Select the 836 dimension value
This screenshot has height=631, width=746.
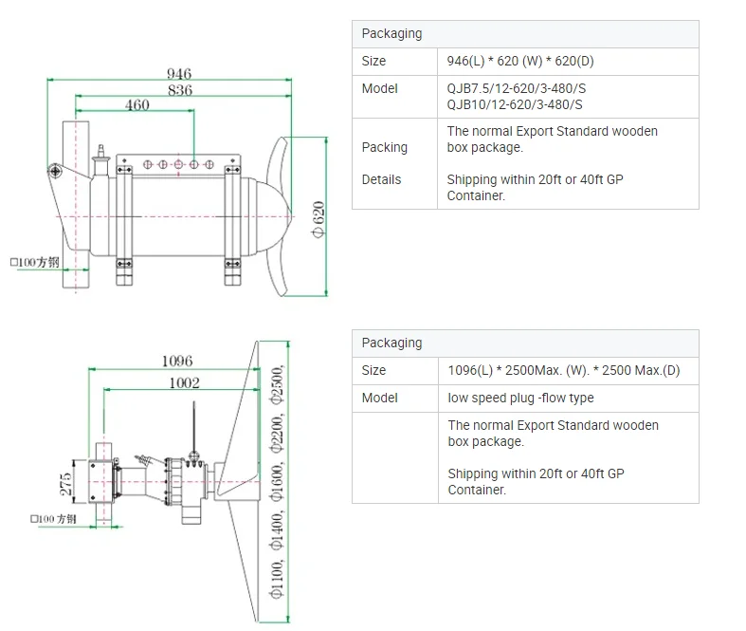point(179,90)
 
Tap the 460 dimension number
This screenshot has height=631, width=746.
point(137,105)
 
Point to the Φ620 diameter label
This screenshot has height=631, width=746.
point(318,219)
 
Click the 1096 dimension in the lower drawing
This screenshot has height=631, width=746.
point(176,361)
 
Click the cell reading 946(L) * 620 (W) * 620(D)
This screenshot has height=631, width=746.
point(520,61)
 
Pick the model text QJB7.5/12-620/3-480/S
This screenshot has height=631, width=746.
point(515,88)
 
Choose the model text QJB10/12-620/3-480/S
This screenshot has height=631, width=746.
point(515,104)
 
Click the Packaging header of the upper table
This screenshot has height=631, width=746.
point(391,33)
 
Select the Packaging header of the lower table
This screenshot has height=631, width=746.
point(391,343)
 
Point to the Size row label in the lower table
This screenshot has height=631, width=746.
point(373,370)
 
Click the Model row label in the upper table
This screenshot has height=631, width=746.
point(379,88)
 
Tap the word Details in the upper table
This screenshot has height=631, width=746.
point(381,179)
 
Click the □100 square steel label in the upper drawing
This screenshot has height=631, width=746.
point(35,260)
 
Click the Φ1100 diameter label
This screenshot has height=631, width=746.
point(277,579)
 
